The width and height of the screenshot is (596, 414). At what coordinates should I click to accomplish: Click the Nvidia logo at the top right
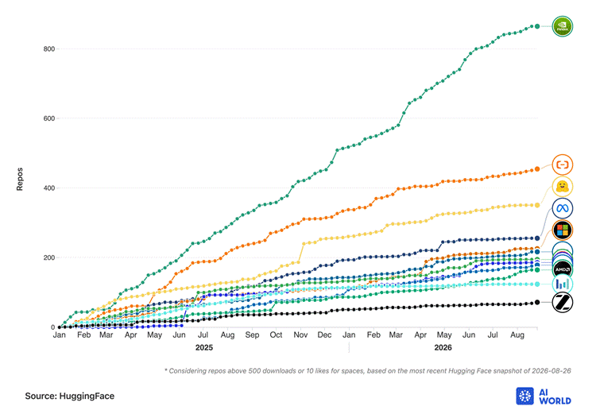[562, 26]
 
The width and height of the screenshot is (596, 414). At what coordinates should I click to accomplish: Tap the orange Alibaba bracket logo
[562, 164]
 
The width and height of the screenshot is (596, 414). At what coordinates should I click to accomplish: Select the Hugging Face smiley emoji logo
[562, 187]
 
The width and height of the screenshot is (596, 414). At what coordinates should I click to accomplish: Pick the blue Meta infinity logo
[562, 208]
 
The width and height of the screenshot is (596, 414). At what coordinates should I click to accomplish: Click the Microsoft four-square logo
[562, 230]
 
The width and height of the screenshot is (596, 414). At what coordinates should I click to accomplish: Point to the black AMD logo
[563, 269]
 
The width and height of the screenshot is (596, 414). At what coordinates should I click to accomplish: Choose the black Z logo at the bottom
[562, 303]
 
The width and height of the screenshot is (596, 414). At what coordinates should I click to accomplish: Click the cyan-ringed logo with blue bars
[562, 284]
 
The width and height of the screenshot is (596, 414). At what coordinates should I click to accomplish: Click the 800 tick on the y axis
[49, 49]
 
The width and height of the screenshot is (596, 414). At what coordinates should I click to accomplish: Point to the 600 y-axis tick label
[49, 118]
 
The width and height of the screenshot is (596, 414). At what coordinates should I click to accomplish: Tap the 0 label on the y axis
[52, 327]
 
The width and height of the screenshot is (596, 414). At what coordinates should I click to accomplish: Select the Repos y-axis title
[20, 179]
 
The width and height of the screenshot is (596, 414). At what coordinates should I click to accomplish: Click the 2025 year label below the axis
[204, 348]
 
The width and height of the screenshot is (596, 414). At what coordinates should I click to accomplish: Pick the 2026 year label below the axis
[443, 348]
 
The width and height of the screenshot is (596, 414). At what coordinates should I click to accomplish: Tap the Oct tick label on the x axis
[276, 335]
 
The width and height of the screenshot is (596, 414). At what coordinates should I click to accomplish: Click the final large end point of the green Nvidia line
[537, 26]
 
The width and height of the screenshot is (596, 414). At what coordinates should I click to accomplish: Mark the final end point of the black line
[537, 302]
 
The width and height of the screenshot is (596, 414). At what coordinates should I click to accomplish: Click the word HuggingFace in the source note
[87, 397]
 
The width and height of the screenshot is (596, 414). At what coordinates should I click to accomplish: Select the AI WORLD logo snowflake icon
[525, 397]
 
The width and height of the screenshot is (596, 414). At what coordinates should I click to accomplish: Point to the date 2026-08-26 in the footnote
[551, 370]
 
